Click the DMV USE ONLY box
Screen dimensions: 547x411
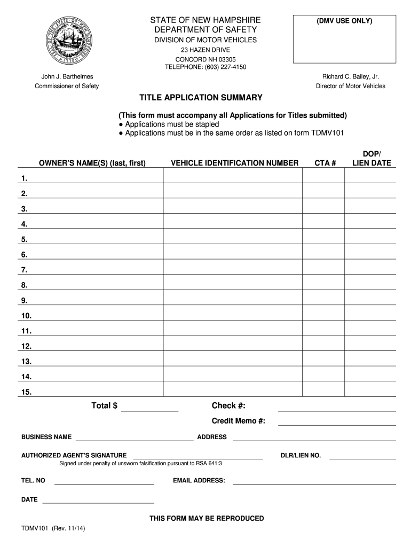click(344, 39)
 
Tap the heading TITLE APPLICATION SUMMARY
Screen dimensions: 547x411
click(201, 98)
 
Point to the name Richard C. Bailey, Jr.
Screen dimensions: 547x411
click(350, 77)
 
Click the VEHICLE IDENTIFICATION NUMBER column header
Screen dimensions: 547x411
click(234, 163)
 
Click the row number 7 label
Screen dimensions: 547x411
click(25, 270)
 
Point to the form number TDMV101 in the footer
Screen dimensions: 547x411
click(35, 528)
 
